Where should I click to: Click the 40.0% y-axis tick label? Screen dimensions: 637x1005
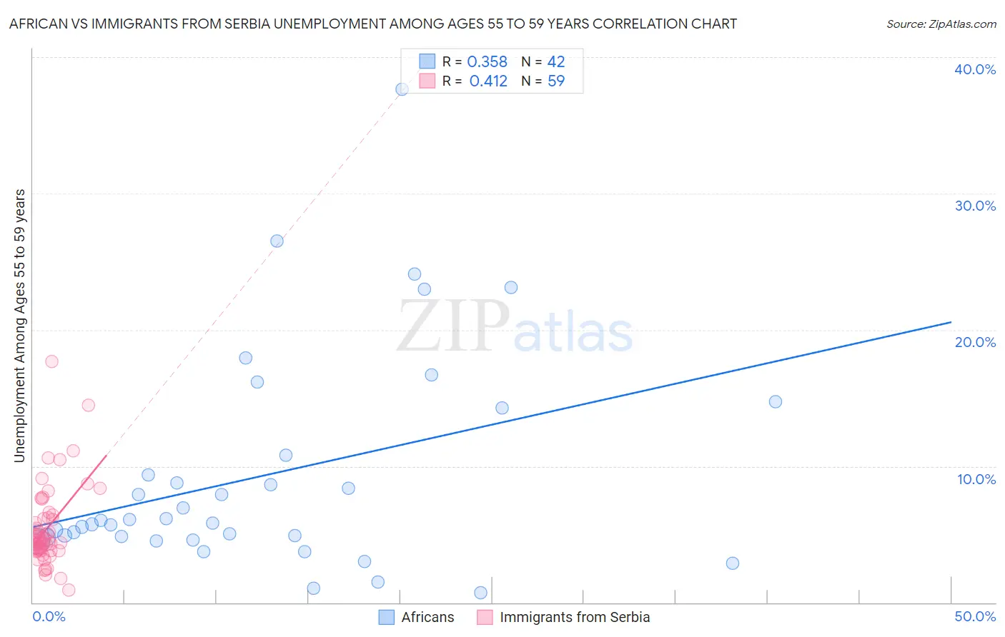(974, 69)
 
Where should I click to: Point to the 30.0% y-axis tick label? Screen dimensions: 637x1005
(974, 206)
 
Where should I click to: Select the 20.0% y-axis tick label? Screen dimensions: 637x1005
(974, 342)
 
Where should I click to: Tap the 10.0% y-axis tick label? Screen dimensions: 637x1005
(976, 479)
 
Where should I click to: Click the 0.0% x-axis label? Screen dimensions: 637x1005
(49, 616)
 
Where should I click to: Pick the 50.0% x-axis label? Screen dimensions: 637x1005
(974, 616)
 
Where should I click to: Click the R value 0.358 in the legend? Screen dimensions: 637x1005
(487, 62)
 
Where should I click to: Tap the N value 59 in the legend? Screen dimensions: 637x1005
(555, 81)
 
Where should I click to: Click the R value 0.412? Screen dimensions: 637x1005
(487, 81)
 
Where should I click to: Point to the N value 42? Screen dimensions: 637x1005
(555, 62)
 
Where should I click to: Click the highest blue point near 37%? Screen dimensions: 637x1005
(402, 89)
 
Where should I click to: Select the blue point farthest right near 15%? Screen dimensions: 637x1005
(775, 401)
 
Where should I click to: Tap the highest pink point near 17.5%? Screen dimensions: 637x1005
(51, 361)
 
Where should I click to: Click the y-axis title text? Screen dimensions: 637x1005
(19, 326)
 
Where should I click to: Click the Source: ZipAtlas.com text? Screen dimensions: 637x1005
(941, 24)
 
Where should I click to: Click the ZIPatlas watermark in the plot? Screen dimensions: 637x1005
(515, 327)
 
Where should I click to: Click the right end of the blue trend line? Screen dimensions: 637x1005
(951, 322)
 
